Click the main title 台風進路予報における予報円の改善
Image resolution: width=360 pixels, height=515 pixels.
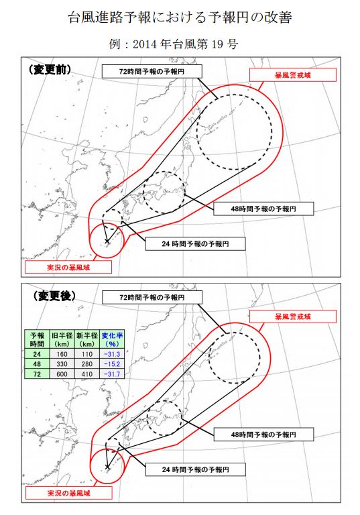(x=180, y=17)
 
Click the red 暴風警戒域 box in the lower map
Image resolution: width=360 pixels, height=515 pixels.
(x=292, y=315)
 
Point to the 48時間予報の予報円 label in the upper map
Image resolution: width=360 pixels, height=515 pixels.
(x=263, y=209)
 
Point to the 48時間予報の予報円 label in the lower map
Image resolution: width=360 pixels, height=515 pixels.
(x=263, y=435)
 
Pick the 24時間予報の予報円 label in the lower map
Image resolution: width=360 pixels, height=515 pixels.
(x=195, y=469)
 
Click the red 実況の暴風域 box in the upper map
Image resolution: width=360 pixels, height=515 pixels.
(x=66, y=268)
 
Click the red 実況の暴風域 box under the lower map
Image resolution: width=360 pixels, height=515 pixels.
(x=66, y=494)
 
